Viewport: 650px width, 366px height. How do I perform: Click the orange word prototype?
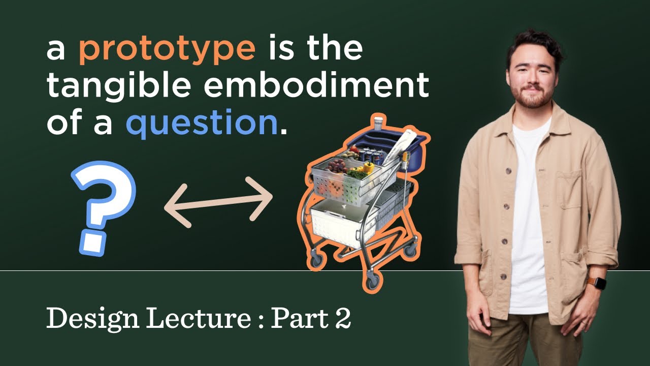point(167,49)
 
